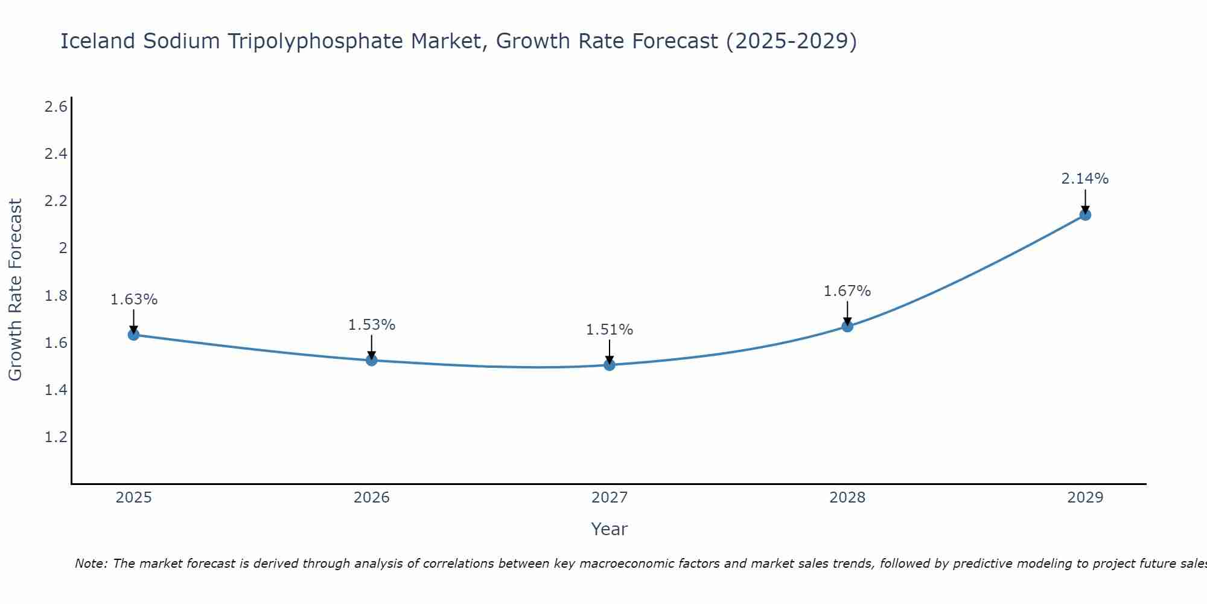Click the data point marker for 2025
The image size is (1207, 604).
[133, 335]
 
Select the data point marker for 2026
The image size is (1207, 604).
[372, 361]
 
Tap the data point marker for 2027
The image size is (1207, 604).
[610, 365]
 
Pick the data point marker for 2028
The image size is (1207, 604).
[847, 327]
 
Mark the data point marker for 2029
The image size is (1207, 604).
[1085, 215]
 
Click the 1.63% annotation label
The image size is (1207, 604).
[134, 300]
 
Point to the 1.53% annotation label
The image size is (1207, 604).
[372, 325]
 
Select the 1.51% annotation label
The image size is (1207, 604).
[610, 330]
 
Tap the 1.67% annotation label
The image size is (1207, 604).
[847, 291]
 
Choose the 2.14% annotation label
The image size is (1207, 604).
[1085, 179]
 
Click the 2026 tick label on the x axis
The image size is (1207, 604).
[372, 498]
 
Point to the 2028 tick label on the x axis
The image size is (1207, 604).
[847, 498]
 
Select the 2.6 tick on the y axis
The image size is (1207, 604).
[56, 107]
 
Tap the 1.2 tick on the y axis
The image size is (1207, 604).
[56, 437]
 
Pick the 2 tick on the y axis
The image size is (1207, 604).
[62, 248]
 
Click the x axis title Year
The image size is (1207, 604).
[610, 529]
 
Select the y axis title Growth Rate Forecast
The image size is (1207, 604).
[15, 290]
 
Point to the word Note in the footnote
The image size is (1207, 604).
[91, 564]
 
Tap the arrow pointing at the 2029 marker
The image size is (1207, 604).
[1085, 201]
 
